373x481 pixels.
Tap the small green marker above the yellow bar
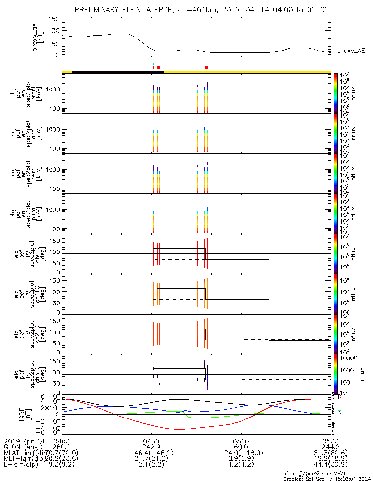pyautogui.click(x=154, y=63)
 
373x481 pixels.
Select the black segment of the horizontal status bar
pyautogui.click(x=117, y=72)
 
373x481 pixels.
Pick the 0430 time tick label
pyautogui.click(x=152, y=440)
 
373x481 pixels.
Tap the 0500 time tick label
pyautogui.click(x=241, y=440)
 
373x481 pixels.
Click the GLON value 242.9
pyautogui.click(x=152, y=446)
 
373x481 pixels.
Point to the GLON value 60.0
pyautogui.click(x=241, y=446)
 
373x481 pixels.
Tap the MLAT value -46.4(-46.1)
pyautogui.click(x=152, y=453)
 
